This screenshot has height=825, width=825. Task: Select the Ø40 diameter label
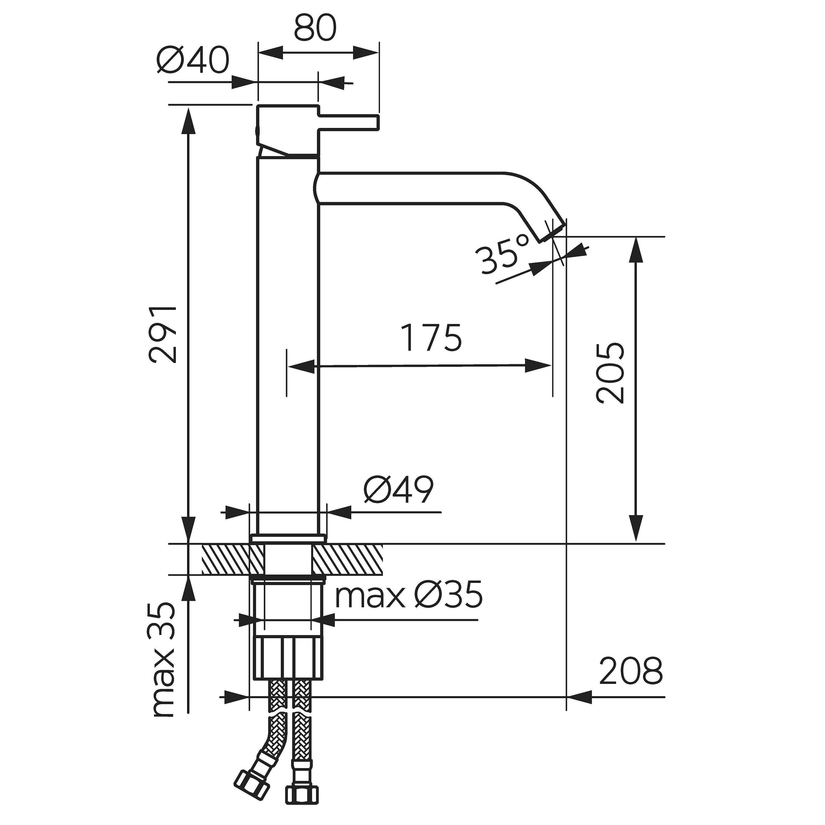click(x=193, y=60)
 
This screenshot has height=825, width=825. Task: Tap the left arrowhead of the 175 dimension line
click(x=301, y=366)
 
